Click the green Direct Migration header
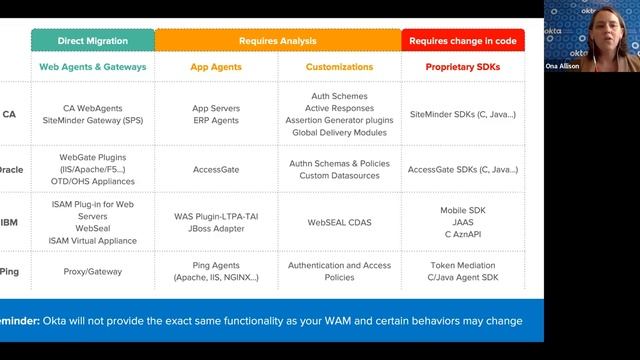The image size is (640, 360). (x=93, y=41)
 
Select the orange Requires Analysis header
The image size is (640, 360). (x=278, y=41)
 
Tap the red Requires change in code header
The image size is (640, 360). (x=463, y=41)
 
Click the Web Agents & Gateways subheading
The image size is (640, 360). (x=93, y=67)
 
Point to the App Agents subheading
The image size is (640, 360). (x=216, y=67)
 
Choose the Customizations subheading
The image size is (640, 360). (x=339, y=67)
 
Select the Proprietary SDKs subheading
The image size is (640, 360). (x=463, y=67)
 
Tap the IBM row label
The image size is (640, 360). (x=10, y=222)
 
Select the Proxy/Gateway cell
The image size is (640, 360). (x=93, y=271)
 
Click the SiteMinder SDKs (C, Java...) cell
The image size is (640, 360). (x=463, y=114)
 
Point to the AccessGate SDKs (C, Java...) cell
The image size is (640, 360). (x=463, y=170)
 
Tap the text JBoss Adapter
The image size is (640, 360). (x=216, y=228)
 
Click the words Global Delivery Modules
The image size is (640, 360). (x=339, y=132)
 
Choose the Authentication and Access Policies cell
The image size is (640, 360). (x=339, y=271)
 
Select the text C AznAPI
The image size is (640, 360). (x=463, y=234)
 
